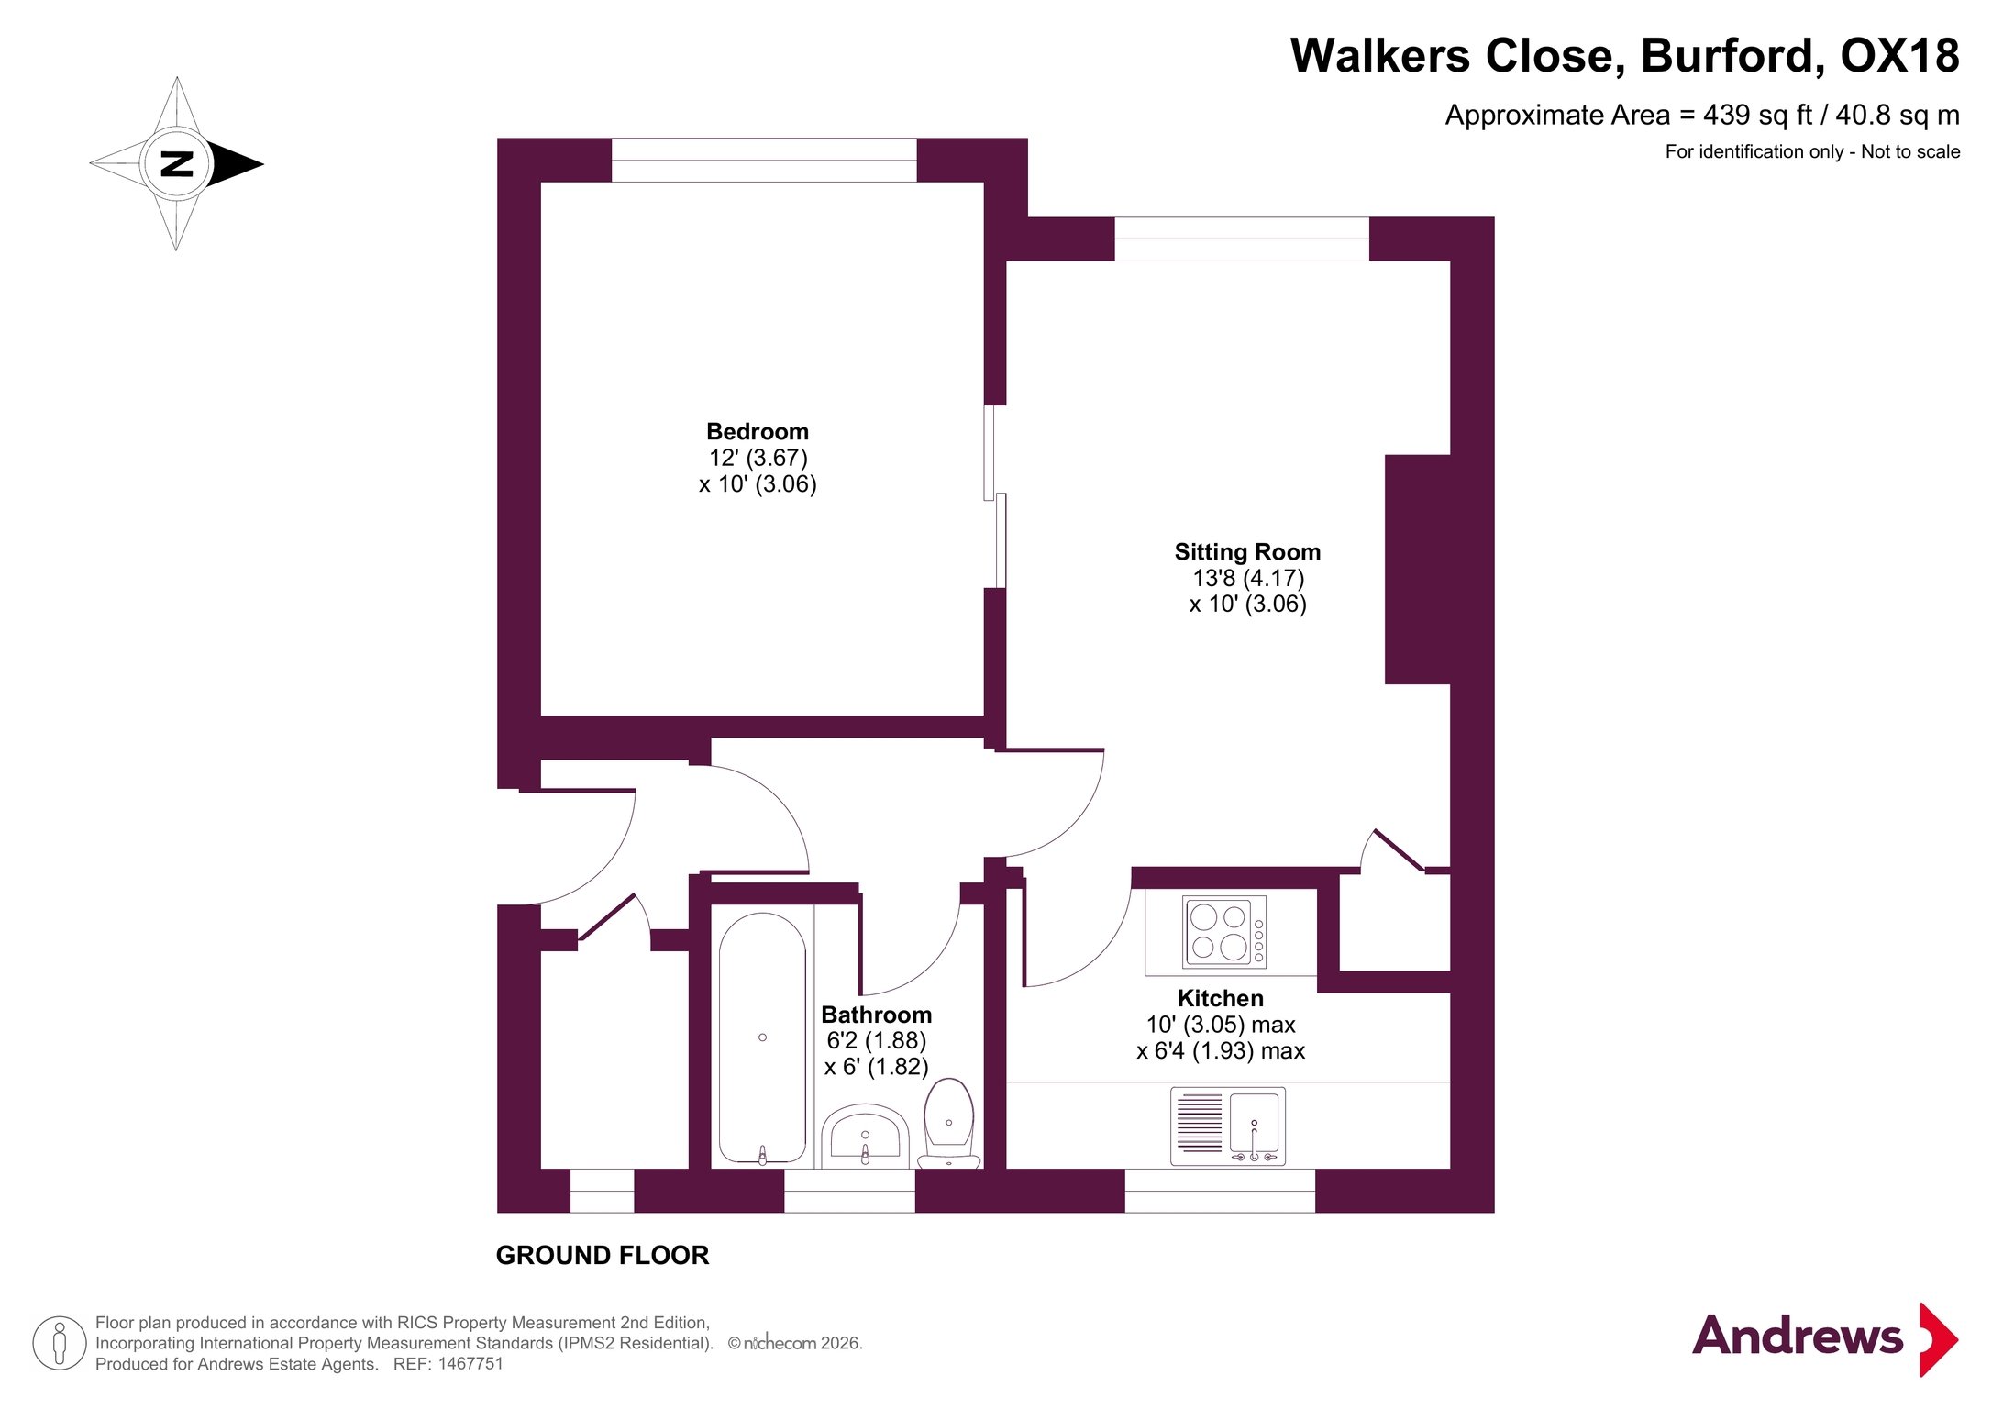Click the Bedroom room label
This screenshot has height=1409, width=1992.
click(757, 432)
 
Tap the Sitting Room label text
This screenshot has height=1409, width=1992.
click(1247, 552)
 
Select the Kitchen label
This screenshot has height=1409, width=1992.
click(1220, 998)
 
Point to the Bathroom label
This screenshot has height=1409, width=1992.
click(876, 1015)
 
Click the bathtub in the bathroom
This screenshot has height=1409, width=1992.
click(762, 1038)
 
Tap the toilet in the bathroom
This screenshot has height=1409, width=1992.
click(949, 1123)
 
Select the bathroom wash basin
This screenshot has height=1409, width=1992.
click(865, 1136)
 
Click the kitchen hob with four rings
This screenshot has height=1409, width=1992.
click(1223, 931)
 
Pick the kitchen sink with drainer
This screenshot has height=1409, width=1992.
click(1227, 1126)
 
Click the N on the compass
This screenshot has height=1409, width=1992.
click(177, 163)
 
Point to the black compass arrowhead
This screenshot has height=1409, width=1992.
click(236, 164)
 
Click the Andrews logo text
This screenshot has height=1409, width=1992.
click(1798, 1337)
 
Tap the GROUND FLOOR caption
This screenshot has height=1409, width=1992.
click(603, 1256)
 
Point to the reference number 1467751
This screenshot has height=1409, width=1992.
click(470, 1364)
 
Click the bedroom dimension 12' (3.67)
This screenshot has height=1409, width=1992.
click(758, 458)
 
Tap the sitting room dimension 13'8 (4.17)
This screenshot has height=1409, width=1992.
click(1248, 578)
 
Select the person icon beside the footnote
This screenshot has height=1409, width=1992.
click(60, 1344)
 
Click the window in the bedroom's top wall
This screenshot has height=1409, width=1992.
click(764, 160)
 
